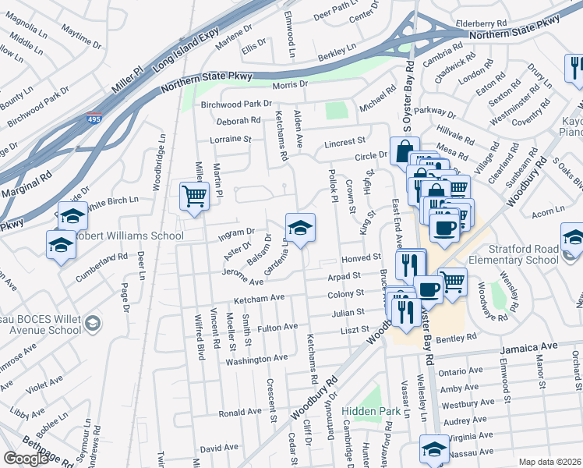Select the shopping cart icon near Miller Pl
(193, 195)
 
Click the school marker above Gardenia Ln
(299, 227)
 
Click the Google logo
(26, 459)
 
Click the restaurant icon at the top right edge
(573, 69)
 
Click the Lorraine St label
(231, 140)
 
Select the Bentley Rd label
(456, 337)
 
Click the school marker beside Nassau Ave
(433, 448)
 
